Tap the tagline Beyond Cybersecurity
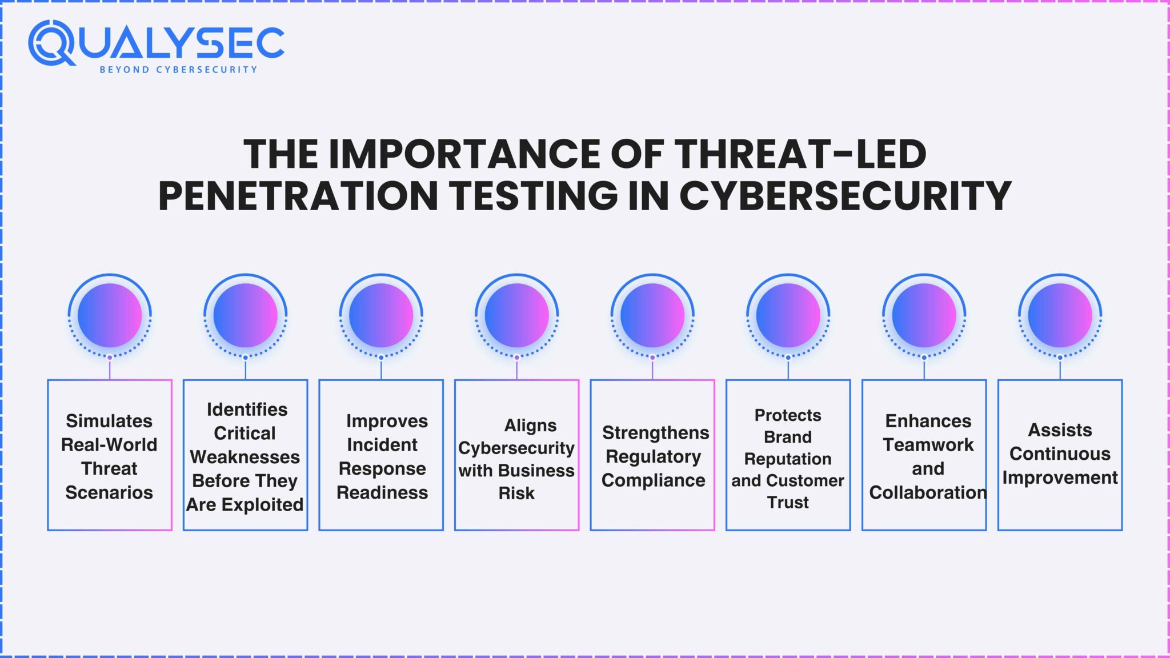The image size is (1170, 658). (178, 70)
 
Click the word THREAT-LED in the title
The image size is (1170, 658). (800, 154)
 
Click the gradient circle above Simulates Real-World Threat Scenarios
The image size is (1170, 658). (110, 315)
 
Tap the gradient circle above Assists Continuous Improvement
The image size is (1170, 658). (1060, 315)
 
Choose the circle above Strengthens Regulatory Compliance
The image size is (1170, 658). (652, 315)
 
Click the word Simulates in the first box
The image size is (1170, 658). (109, 421)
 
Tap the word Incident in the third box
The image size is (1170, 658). (382, 444)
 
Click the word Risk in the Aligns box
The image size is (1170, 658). (516, 493)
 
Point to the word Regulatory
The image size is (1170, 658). (653, 456)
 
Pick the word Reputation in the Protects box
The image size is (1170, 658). (788, 459)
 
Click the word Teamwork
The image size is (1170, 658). (928, 444)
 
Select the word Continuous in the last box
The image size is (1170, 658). (1060, 454)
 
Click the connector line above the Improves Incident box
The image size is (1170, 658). (381, 370)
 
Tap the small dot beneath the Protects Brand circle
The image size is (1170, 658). (788, 358)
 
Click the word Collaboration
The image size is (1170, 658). (928, 492)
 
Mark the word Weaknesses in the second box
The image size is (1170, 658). (245, 457)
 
